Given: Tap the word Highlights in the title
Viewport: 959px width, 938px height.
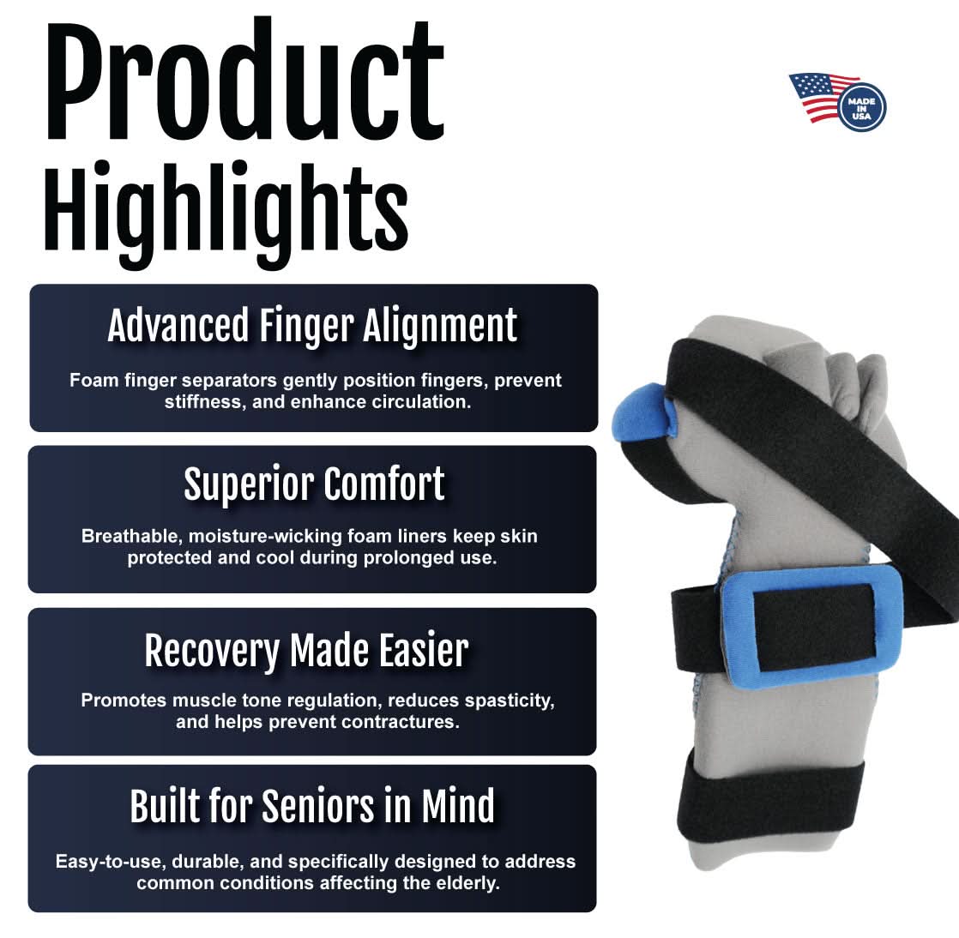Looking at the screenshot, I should (x=226, y=207).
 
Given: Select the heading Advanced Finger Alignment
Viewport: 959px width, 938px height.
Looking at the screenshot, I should (x=312, y=327).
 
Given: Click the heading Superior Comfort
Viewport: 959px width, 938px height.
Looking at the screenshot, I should (x=314, y=484).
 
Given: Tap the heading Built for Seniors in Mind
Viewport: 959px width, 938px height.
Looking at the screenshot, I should (x=312, y=806).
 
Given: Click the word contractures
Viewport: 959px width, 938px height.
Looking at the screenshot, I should (x=400, y=722).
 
